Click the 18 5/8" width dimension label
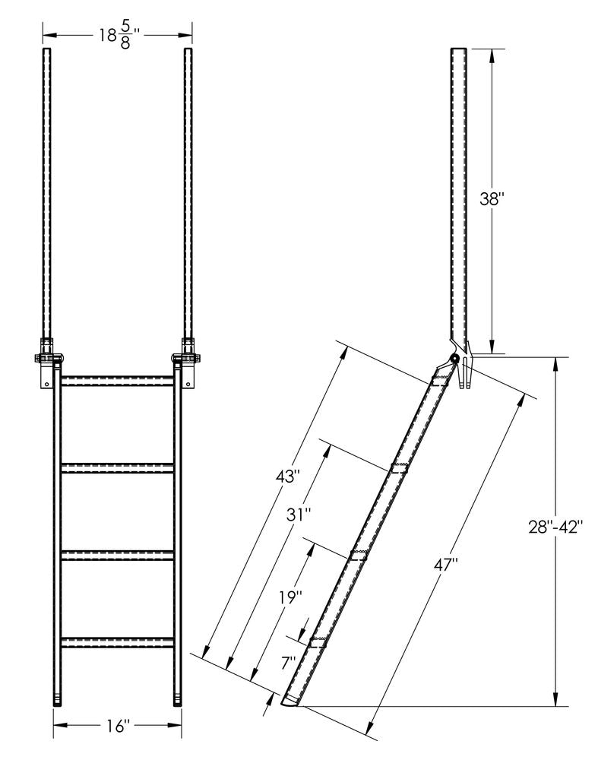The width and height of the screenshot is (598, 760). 116,35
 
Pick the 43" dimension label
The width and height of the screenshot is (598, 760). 288,477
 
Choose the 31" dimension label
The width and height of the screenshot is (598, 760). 299,515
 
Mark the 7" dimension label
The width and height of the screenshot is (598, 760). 288,662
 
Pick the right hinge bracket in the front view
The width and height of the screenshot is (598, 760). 187,357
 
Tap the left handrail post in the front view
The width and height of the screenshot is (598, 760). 46,190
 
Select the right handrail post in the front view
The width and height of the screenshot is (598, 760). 187,190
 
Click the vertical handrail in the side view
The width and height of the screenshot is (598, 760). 459,190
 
